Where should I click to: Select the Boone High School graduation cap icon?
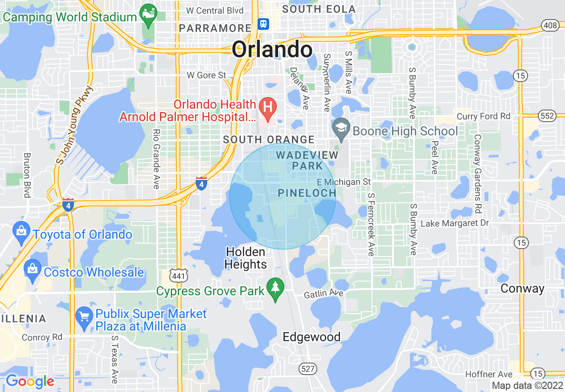[341, 129]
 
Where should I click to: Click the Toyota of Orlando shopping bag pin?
[21, 233]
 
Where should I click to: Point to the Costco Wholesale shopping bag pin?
[33, 270]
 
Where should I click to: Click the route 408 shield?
[551, 25]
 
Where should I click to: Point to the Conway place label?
[522, 289]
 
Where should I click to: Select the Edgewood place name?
[312, 337]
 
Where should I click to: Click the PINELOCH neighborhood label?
[307, 193]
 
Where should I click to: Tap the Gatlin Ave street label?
[323, 294]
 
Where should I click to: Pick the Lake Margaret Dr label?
[454, 223]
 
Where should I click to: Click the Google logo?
[30, 381]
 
